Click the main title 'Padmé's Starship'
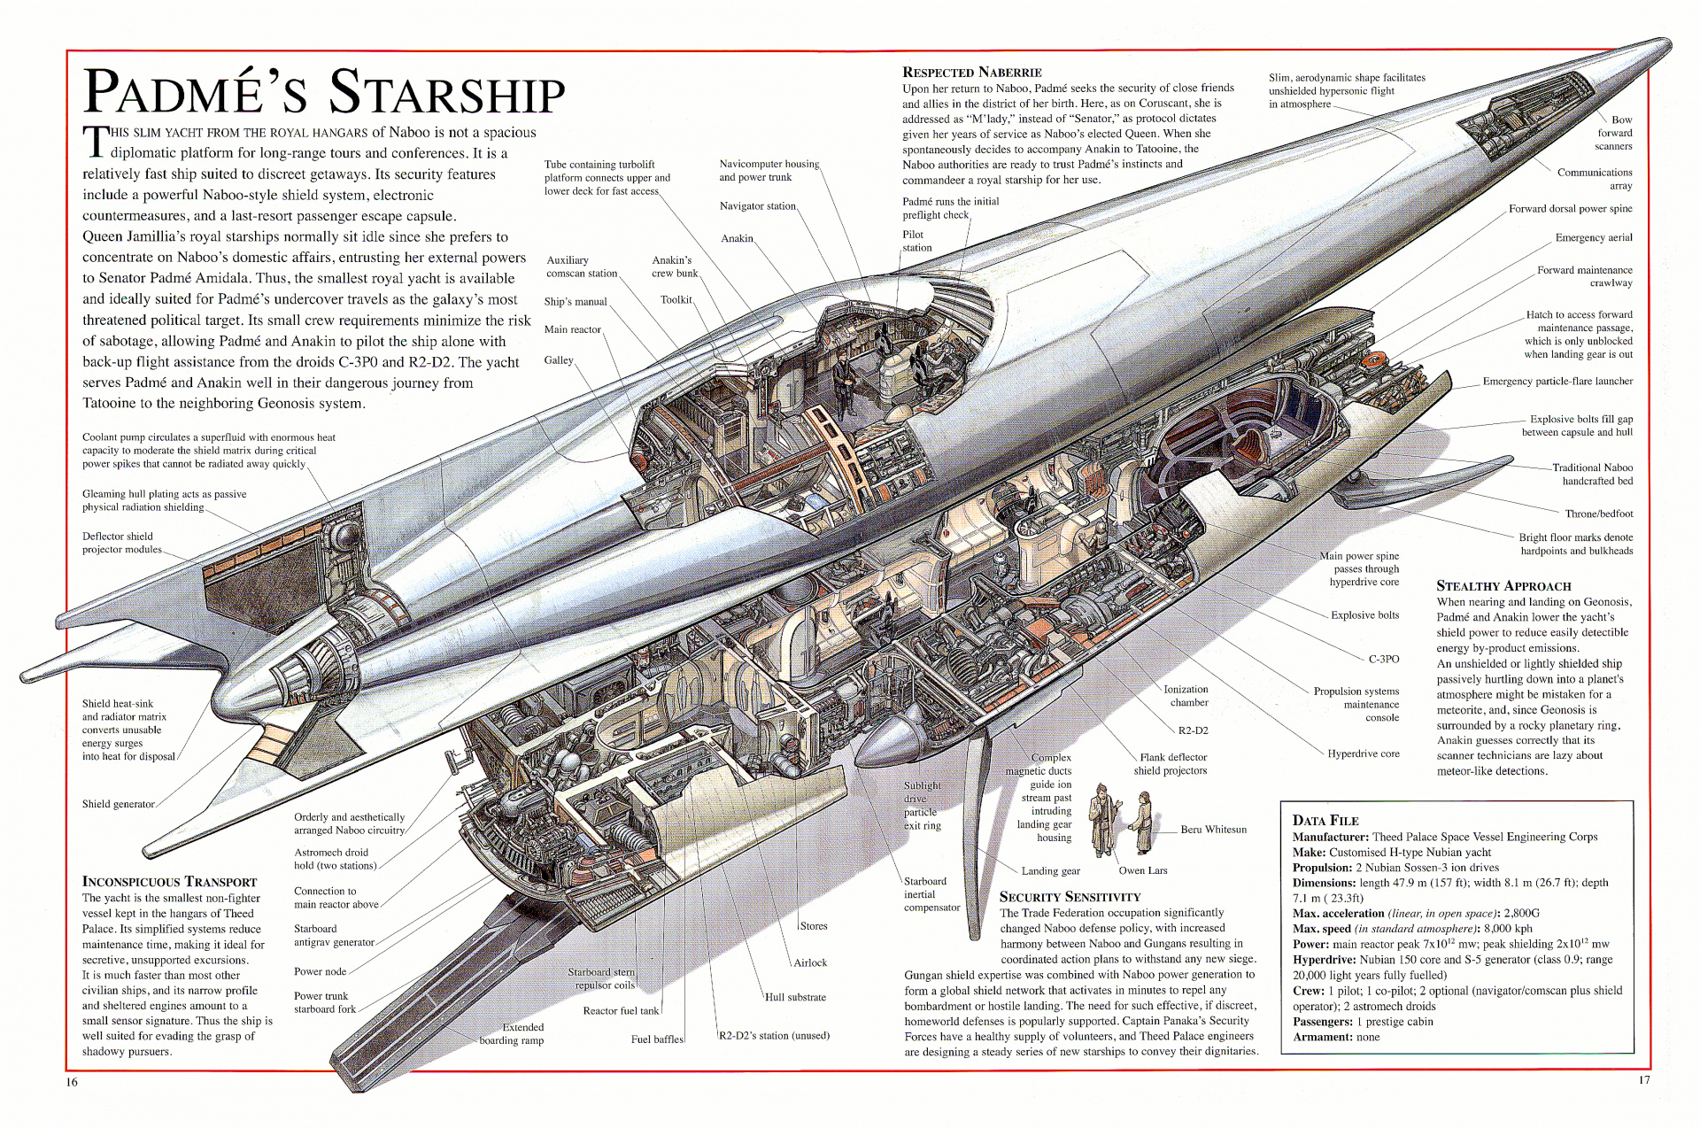point(324,92)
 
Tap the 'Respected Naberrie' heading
point(971,73)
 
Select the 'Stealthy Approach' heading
point(1503,586)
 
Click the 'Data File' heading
point(1325,821)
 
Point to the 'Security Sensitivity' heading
point(1070,897)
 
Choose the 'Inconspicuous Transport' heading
point(169,882)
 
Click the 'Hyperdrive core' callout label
point(1363,753)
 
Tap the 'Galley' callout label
point(559,360)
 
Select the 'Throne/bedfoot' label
point(1598,514)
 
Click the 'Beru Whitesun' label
point(1212,830)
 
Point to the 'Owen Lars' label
point(1142,870)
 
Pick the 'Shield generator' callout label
point(118,804)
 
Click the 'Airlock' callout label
point(809,962)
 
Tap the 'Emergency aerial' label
point(1593,237)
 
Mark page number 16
point(72,1082)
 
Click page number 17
point(1643,1080)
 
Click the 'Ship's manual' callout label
point(575,302)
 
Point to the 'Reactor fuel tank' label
point(621,1010)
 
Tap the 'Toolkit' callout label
point(676,299)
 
